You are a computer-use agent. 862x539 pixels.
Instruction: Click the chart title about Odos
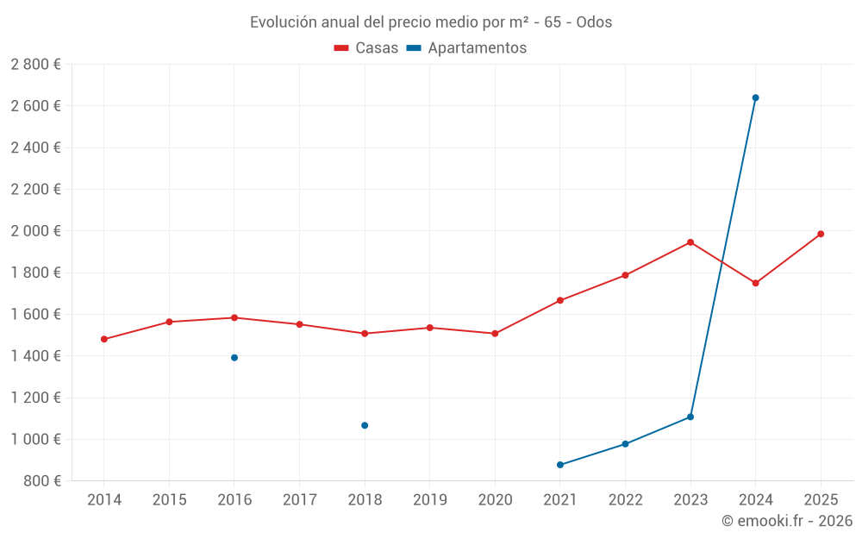click(x=431, y=22)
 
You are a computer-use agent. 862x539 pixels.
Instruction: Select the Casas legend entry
click(x=366, y=48)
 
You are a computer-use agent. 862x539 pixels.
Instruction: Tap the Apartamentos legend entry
click(x=466, y=48)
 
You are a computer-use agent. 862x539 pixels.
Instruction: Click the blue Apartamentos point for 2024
click(x=755, y=97)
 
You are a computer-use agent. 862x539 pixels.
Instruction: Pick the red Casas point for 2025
click(x=821, y=234)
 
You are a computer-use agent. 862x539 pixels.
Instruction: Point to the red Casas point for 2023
click(x=690, y=242)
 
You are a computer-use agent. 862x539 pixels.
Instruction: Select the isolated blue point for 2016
click(x=234, y=358)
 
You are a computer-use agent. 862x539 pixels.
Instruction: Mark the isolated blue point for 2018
click(x=365, y=425)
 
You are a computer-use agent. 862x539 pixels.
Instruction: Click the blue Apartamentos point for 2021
click(x=560, y=465)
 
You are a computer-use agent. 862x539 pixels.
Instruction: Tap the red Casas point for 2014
click(x=104, y=339)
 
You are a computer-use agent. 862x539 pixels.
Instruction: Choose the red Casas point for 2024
click(x=755, y=283)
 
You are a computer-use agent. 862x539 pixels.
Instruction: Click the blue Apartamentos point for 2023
click(x=690, y=417)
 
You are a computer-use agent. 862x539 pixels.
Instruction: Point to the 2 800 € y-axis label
click(x=35, y=65)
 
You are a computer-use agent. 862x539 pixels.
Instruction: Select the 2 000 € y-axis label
click(x=35, y=231)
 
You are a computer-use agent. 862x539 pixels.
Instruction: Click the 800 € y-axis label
click(x=41, y=481)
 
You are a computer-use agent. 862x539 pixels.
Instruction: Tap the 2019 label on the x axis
click(x=429, y=500)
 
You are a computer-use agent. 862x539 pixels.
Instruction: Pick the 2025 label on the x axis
click(x=821, y=500)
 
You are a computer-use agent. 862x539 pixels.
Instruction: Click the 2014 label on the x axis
click(x=104, y=500)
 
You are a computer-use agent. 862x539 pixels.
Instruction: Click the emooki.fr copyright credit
click(x=786, y=521)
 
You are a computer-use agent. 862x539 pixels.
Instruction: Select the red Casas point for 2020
click(x=495, y=334)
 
